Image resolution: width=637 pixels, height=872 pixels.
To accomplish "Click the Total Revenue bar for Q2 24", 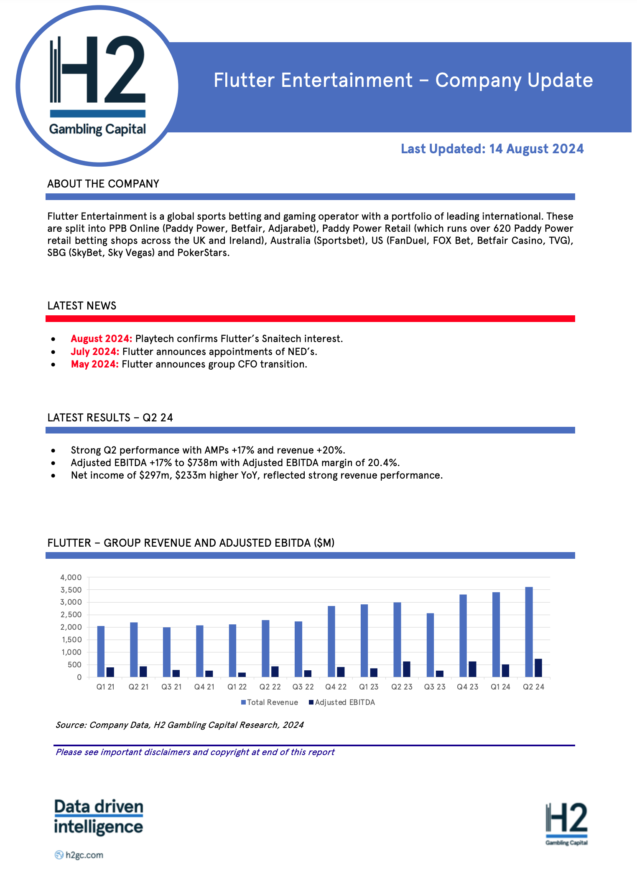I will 529,631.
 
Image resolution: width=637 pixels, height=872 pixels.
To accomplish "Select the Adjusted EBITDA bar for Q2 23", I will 407,669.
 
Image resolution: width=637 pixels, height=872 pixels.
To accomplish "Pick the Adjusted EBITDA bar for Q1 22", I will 242,674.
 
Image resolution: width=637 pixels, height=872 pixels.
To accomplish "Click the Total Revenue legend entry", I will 270,702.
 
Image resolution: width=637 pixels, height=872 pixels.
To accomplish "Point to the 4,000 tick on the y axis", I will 71,578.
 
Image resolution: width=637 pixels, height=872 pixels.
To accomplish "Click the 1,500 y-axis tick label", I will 71,640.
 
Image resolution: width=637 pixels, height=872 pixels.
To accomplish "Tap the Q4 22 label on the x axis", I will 336,687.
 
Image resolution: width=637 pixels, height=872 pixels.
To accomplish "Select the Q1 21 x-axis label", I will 105,687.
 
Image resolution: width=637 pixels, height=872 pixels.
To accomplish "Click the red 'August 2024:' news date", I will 102,339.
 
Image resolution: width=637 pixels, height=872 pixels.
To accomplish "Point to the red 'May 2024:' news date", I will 95,364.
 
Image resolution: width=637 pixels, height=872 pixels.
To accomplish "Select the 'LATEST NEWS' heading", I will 82,306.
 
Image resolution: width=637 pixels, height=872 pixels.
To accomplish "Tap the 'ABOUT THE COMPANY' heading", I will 103,184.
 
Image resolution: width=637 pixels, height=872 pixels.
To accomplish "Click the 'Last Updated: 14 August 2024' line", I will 492,149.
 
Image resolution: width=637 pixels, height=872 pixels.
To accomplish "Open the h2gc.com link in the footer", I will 84,855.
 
